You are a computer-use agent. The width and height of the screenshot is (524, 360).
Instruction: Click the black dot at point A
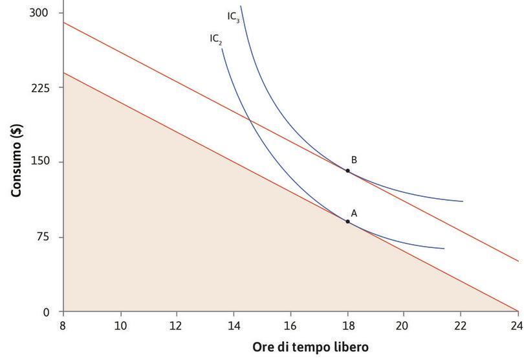(x=347, y=221)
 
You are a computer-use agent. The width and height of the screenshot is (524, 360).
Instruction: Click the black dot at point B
(x=347, y=170)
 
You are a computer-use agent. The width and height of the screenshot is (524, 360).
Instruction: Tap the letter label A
(x=354, y=212)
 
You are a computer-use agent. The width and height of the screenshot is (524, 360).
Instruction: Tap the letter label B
(x=354, y=159)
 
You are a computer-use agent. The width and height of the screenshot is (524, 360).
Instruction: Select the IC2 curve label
(x=216, y=39)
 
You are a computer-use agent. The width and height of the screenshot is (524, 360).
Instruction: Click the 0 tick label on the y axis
(x=46, y=312)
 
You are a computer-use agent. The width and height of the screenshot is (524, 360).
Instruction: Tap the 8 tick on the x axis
(x=63, y=326)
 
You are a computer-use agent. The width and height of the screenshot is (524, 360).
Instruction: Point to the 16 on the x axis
(x=290, y=326)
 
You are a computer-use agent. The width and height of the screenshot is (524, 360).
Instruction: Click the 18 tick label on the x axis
(x=347, y=326)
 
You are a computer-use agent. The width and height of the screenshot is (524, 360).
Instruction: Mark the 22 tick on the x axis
(x=461, y=326)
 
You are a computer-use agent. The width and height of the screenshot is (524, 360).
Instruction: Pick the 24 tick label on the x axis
(x=517, y=326)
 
